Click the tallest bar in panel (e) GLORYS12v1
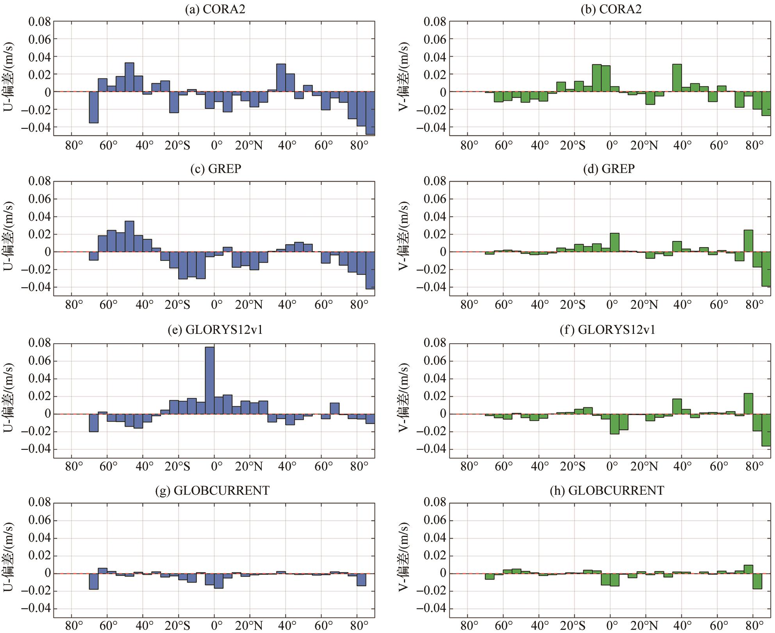click(210, 380)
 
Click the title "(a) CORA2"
click(215, 9)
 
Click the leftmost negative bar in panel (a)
click(94, 107)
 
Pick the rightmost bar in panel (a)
click(370, 113)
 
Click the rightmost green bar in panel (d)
click(766, 269)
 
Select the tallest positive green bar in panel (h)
click(748, 569)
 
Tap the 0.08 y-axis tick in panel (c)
click(39, 181)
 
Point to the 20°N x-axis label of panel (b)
click(644, 146)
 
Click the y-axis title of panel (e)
click(9, 398)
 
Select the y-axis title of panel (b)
click(404, 77)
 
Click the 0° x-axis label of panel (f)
click(612, 466)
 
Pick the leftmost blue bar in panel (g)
click(94, 581)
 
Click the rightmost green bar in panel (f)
click(766, 430)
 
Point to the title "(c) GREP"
click(216, 169)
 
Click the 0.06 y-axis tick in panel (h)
click(435, 521)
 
